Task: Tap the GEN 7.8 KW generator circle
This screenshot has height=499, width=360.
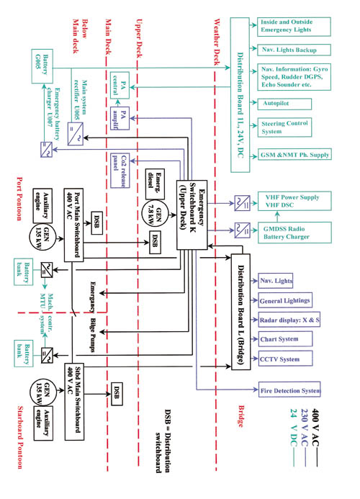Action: (x=163, y=206)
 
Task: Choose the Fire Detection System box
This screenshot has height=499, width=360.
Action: (x=290, y=391)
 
